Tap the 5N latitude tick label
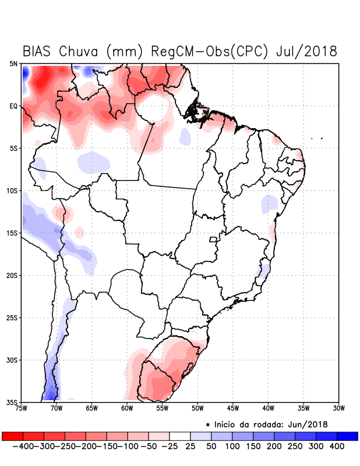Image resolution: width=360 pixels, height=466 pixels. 13,63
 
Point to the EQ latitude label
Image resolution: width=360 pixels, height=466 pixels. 13,106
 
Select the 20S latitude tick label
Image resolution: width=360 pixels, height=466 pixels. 12,276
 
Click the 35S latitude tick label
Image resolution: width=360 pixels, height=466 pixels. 12,402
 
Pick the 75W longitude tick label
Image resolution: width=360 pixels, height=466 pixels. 21,408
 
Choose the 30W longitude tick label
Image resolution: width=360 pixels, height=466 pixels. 338,408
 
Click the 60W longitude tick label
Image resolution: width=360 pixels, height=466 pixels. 126,408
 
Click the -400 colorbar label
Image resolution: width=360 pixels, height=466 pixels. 23,446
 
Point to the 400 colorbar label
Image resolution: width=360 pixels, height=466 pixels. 337,446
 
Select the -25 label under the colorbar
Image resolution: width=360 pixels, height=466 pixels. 168,446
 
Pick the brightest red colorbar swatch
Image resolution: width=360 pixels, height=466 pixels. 12,436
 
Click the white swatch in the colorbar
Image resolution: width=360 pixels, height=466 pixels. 180,436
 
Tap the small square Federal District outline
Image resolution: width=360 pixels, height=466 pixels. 213,239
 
